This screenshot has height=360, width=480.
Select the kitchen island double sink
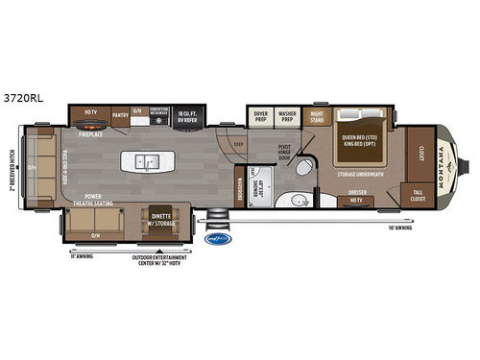tap(148, 160)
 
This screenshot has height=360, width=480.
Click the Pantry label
tap(120, 114)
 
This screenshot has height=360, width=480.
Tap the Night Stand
tap(317, 115)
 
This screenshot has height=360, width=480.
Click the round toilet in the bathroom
tap(300, 169)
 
